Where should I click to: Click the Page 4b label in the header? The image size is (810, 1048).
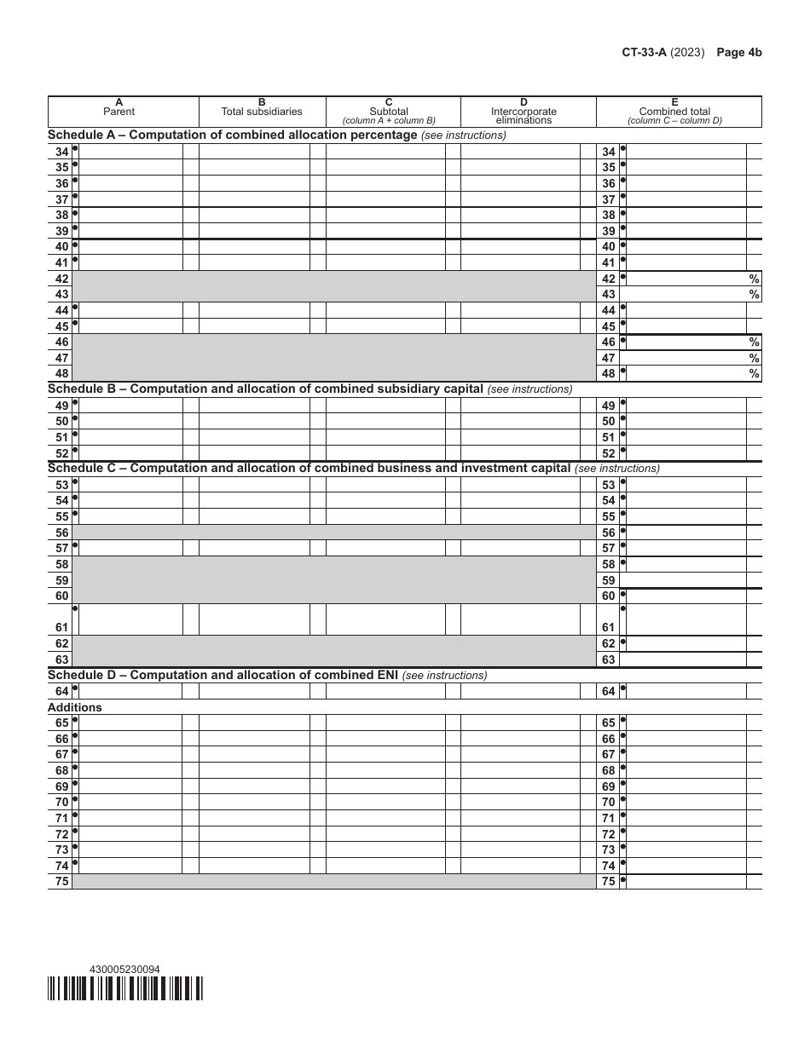pos(738,52)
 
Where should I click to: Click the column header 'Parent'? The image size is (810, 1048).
pos(119,112)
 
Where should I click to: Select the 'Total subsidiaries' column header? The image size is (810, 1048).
pos(262,112)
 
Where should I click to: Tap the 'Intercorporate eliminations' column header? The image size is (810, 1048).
pos(524,115)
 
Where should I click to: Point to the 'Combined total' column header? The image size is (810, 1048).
pos(674,112)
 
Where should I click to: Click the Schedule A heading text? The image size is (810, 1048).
pos(232,135)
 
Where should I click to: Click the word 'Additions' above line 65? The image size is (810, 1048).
pos(75,707)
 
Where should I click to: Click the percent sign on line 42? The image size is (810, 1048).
pos(754,279)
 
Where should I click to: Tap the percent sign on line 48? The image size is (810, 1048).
pos(754,373)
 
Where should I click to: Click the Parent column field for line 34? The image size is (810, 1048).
pos(130,152)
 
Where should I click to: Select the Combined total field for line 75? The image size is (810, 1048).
pos(686,882)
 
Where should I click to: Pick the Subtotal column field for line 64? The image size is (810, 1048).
pos(385,691)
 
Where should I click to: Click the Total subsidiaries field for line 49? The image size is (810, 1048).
pos(254,406)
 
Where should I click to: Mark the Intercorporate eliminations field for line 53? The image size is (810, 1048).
pos(520,485)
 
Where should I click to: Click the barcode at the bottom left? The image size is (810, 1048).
pos(125,988)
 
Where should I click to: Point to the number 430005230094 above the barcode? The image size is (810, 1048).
pos(124,969)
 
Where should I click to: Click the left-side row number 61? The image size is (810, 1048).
pos(62,627)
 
